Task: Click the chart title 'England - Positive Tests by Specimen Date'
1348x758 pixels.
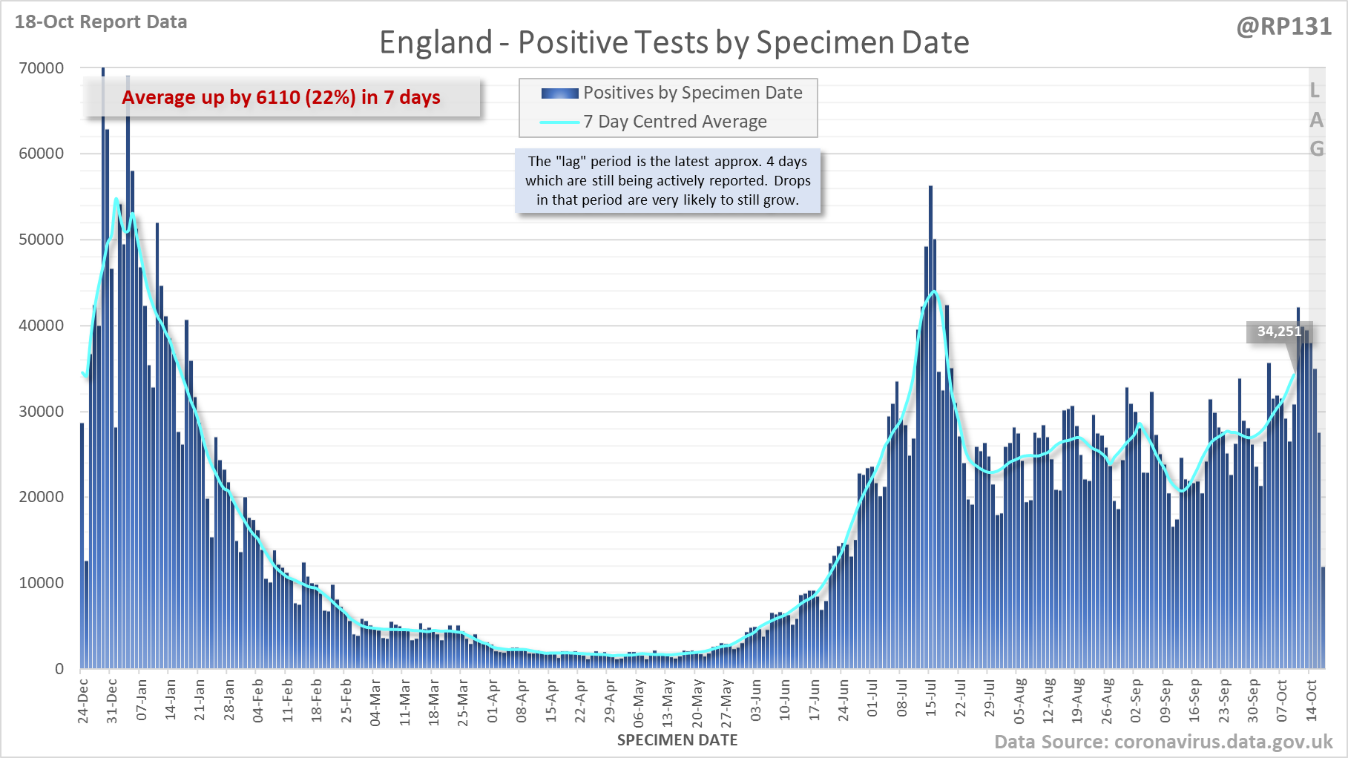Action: (674, 42)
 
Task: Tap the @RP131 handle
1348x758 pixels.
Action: (1283, 27)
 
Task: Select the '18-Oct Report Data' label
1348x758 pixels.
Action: (101, 22)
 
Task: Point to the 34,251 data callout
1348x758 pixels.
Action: (1278, 332)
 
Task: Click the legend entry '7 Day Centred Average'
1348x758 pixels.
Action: (674, 122)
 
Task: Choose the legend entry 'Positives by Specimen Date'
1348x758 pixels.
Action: (692, 93)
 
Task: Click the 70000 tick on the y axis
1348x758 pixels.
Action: (42, 68)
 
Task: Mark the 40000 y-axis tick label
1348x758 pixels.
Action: (42, 326)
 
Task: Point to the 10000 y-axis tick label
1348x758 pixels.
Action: (42, 583)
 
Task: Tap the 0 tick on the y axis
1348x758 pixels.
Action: (59, 669)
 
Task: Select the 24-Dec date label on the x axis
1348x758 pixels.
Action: (83, 700)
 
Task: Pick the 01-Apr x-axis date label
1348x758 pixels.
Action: (493, 700)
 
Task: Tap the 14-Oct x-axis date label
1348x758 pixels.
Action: (1312, 700)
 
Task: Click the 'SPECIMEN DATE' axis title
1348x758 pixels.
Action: (677, 740)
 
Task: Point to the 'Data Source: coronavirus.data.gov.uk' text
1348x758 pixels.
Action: (1163, 742)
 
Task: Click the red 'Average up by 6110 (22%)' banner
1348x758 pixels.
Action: (281, 97)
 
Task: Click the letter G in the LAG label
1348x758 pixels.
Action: (1316, 149)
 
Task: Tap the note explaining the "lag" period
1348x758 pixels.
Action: (668, 181)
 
